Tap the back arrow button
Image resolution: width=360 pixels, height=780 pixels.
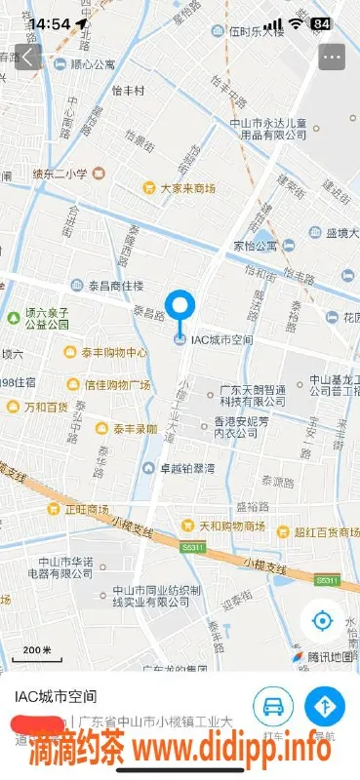coord(28,56)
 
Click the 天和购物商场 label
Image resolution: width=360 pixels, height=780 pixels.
coord(226,526)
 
